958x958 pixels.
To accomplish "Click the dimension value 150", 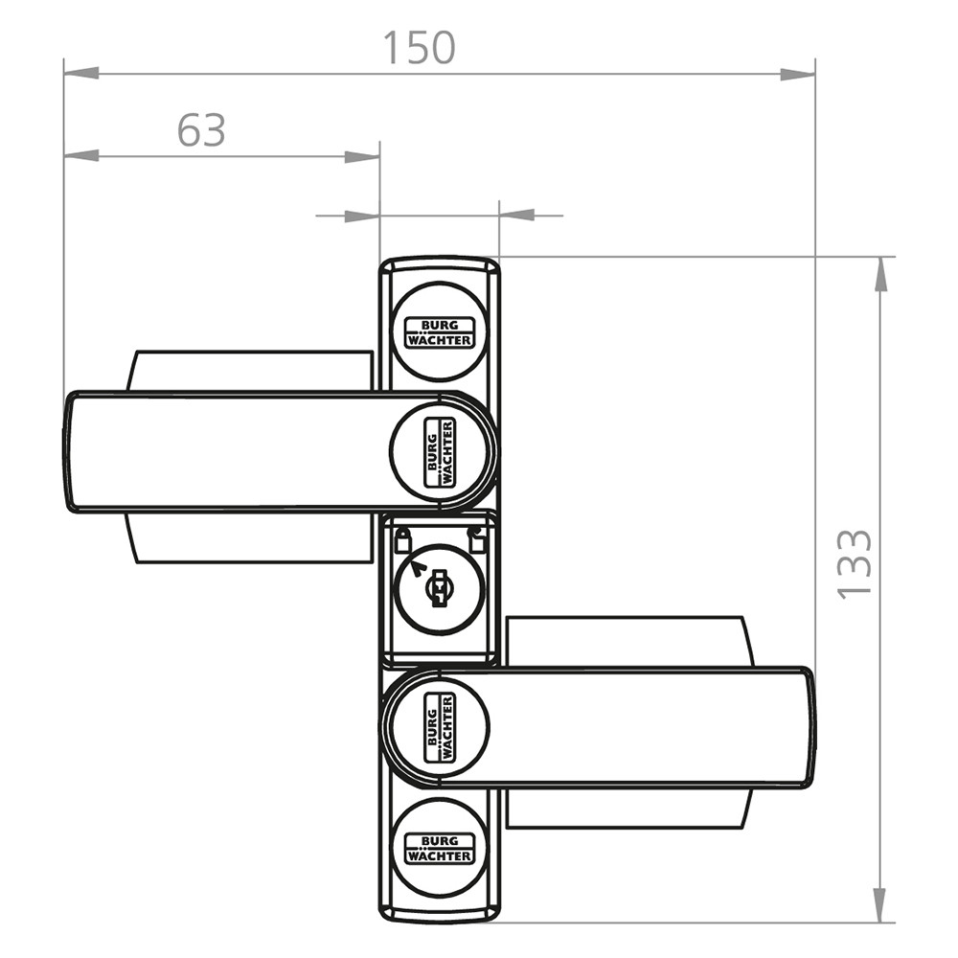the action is tap(420, 48).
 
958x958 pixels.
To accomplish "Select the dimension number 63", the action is tap(201, 130).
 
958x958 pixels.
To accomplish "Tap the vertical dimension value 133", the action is tap(855, 564).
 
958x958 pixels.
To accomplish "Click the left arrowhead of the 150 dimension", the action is tap(81, 74).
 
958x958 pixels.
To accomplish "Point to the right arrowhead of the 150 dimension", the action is tap(797, 75).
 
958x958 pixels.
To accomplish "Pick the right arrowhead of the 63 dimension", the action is tap(362, 156).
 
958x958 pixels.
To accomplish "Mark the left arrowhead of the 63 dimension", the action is tap(81, 156).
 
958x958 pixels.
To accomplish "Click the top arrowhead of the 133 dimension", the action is tap(880, 274).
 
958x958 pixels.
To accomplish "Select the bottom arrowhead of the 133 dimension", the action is tap(879, 905).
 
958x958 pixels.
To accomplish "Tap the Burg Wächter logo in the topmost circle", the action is tap(440, 332).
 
